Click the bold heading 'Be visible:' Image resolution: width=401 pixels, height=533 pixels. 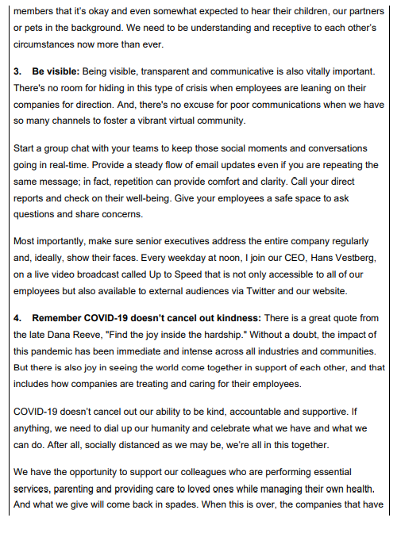(56, 71)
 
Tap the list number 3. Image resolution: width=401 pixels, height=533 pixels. (17, 71)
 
